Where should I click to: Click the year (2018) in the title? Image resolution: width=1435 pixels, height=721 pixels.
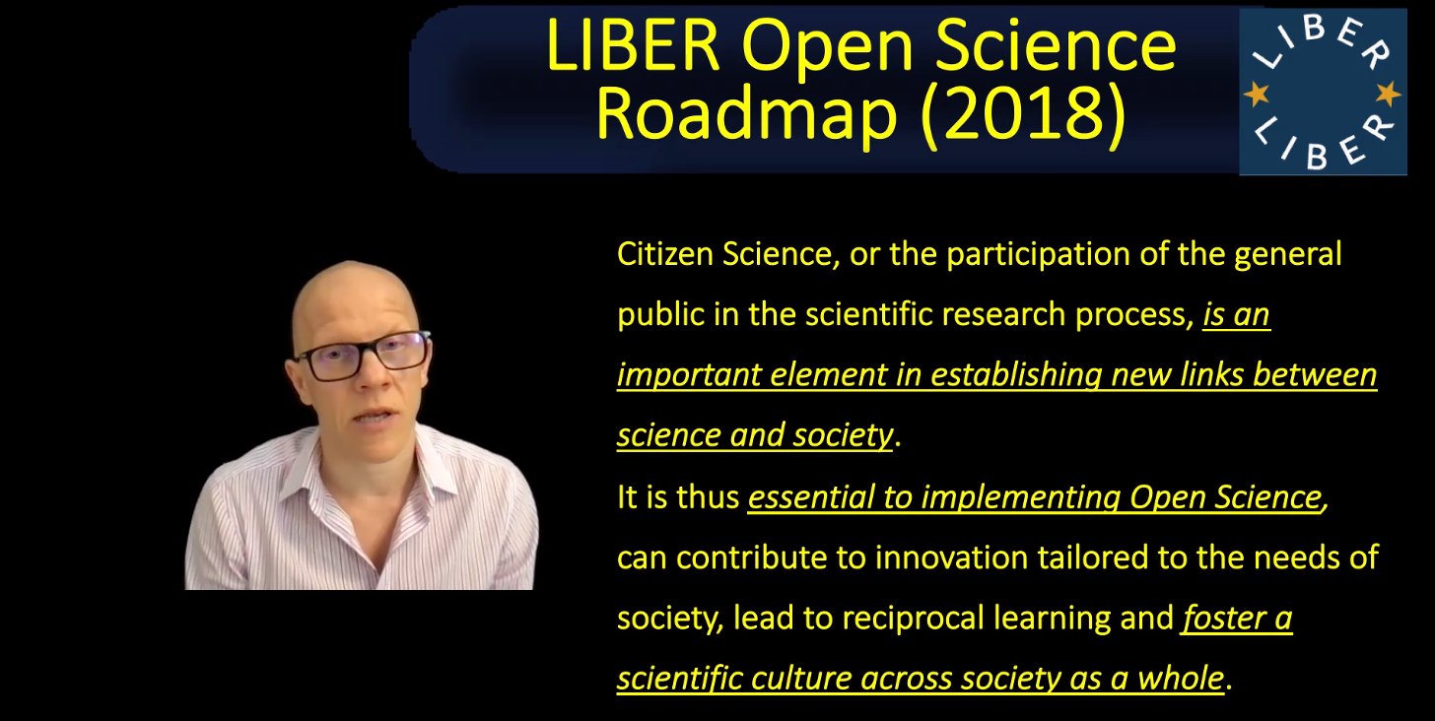[x=1022, y=114]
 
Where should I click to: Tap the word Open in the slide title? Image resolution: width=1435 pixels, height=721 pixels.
[x=826, y=48]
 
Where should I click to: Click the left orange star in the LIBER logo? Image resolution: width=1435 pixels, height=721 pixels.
[x=1257, y=95]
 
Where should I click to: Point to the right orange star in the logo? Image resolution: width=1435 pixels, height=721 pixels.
[x=1388, y=95]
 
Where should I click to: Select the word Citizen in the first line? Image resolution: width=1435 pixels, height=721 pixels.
[x=664, y=254]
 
